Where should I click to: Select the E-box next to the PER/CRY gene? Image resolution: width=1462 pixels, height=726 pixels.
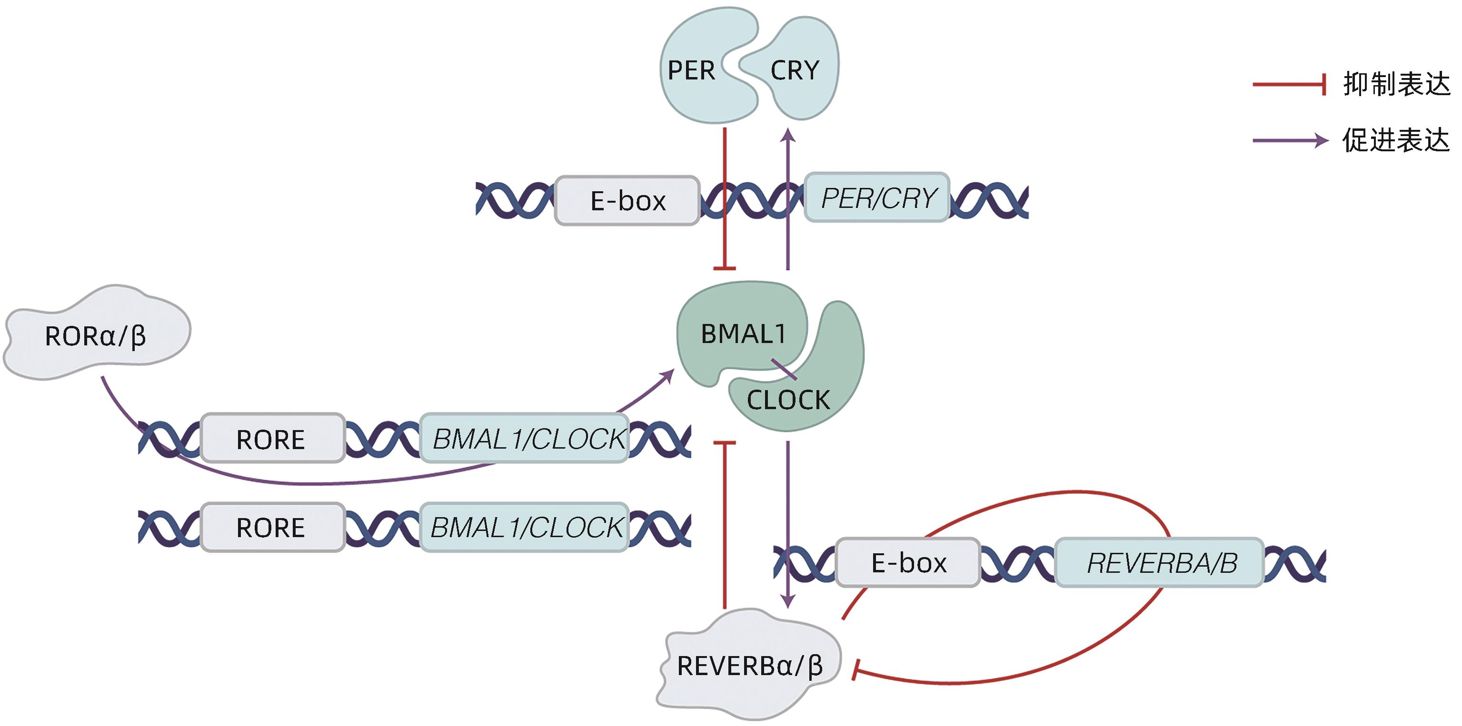coord(627,201)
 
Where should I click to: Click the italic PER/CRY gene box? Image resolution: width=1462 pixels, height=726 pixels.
coord(877,198)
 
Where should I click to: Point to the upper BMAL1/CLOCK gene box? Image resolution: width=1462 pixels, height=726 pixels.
coord(525,439)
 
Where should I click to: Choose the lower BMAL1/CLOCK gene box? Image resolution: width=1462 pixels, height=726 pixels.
coord(525,527)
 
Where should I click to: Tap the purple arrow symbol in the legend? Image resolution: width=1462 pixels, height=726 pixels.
coord(1290,140)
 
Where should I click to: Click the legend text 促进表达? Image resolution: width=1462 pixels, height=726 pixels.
coord(1396,140)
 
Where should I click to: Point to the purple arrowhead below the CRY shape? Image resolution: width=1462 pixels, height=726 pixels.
coord(788,135)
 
